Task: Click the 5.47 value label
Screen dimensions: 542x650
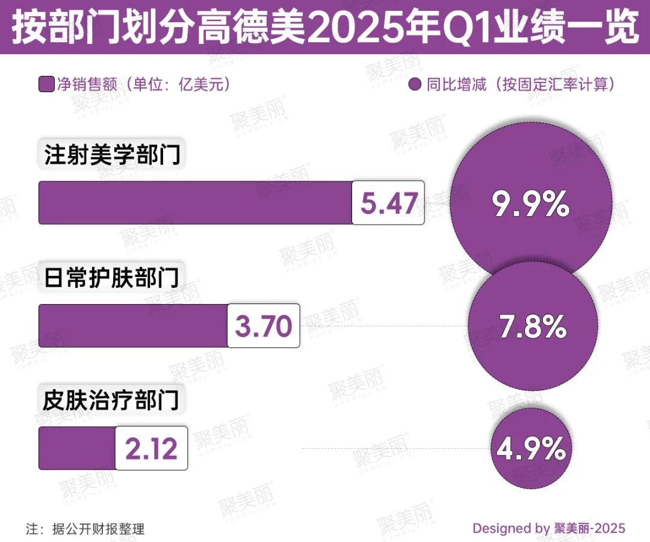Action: click(388, 203)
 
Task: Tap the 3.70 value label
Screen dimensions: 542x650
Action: click(263, 326)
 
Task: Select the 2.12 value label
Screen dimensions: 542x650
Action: click(151, 448)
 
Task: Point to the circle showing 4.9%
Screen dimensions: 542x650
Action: click(530, 448)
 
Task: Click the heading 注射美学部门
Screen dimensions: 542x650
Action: click(112, 155)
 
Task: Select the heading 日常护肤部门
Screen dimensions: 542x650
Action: click(112, 278)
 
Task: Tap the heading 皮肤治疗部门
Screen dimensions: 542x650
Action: click(112, 400)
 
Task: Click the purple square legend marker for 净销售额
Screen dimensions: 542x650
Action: click(46, 84)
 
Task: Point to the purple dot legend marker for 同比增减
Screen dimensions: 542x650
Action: click(414, 85)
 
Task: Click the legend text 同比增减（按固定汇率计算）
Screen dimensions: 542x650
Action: click(521, 84)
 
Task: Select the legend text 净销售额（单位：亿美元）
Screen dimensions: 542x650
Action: click(144, 84)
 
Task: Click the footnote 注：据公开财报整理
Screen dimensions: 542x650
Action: click(85, 529)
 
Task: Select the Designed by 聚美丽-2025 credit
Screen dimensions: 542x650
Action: click(548, 529)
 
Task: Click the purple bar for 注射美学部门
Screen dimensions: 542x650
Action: click(196, 203)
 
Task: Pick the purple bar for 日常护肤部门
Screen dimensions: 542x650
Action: click(132, 326)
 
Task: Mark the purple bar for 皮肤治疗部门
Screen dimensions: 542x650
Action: click(77, 448)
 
